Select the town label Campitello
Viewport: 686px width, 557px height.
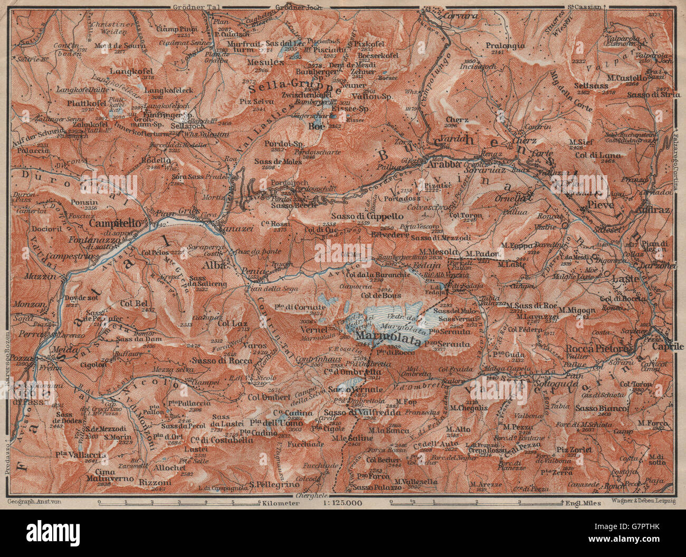pos(115,223)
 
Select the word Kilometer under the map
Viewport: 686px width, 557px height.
pos(280,503)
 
